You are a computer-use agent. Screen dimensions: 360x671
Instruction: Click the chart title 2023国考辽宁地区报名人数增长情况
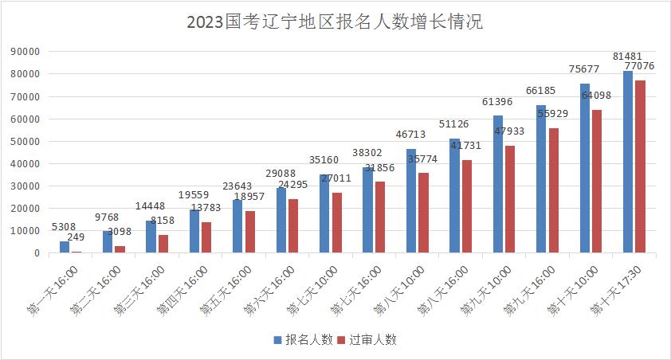[335, 22]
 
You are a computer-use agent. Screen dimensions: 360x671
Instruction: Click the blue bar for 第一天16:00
[65, 247]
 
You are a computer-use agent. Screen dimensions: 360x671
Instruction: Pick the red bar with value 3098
[120, 249]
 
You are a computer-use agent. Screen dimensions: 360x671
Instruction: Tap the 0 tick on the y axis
[37, 253]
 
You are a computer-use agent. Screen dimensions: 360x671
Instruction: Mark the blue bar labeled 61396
[498, 184]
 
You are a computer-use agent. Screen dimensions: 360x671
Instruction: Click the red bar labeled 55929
[553, 190]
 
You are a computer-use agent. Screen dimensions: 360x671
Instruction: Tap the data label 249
[77, 237]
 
